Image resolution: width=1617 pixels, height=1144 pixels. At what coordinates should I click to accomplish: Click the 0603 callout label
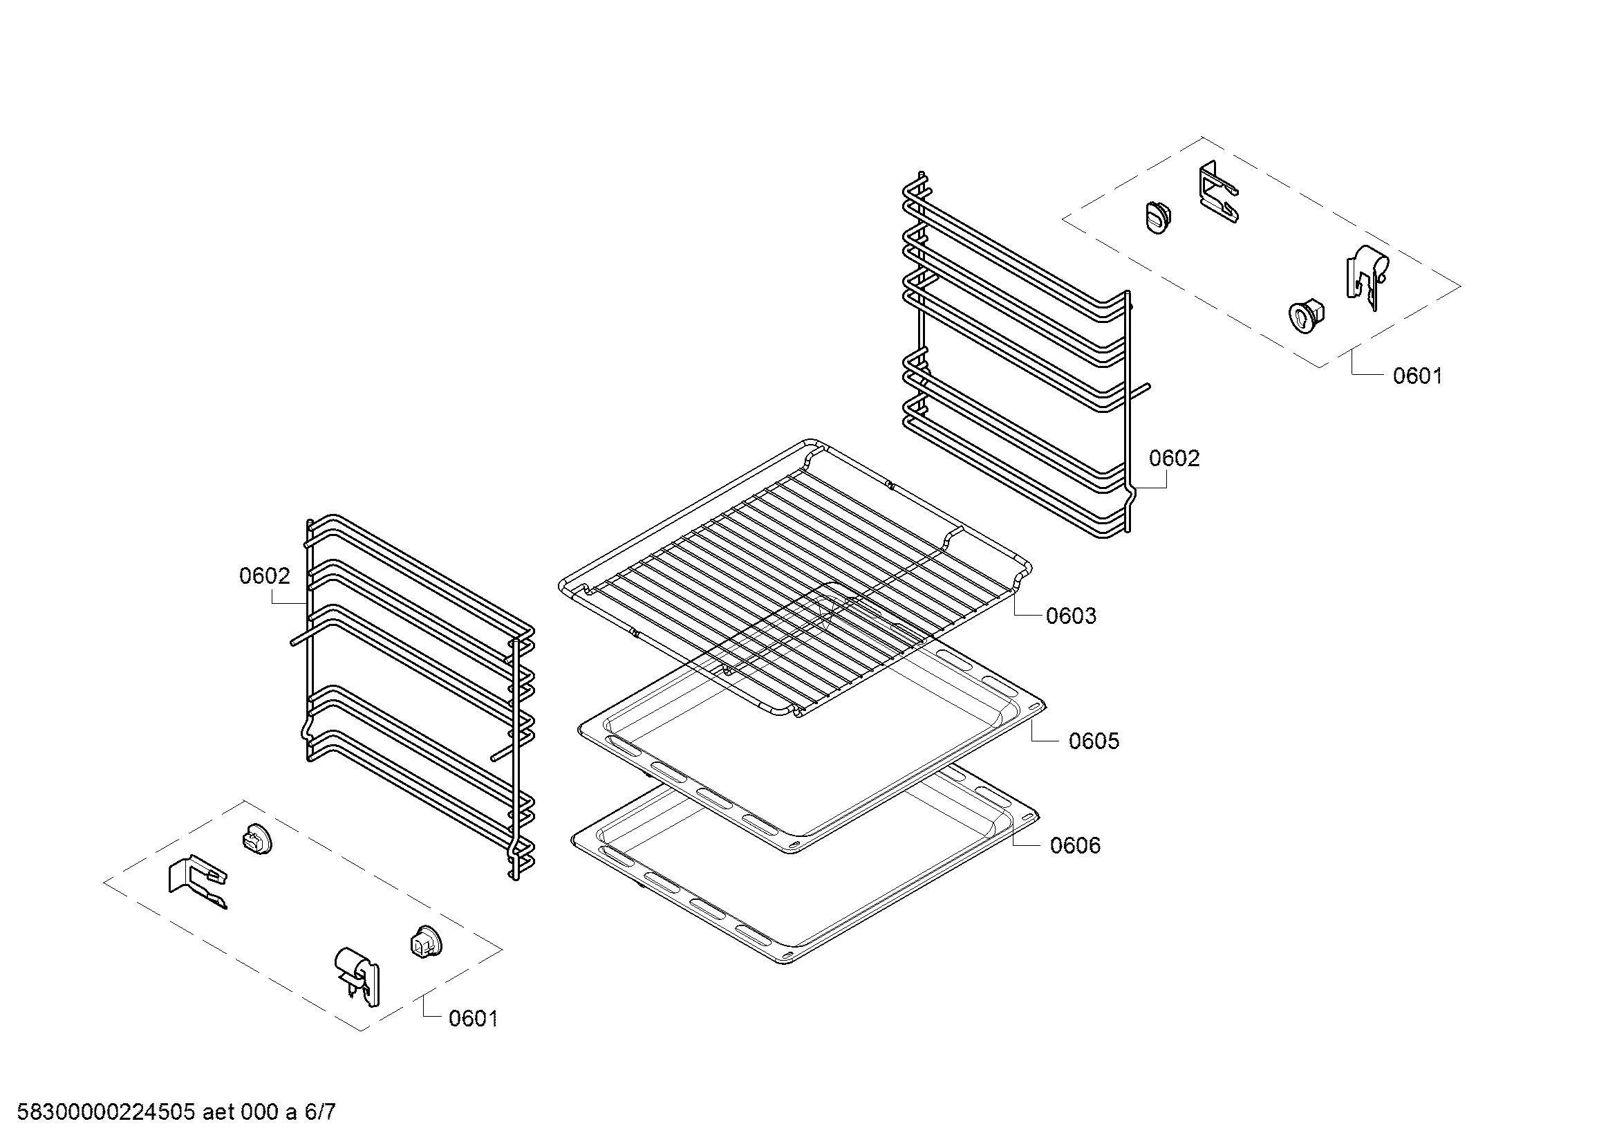(1070, 616)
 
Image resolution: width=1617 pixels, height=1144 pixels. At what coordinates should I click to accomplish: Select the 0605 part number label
(1094, 741)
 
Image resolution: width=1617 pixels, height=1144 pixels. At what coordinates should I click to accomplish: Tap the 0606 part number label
(1075, 845)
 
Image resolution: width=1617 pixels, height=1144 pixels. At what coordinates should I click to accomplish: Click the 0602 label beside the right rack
(1174, 459)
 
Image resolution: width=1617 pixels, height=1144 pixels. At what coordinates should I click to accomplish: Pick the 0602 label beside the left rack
(265, 576)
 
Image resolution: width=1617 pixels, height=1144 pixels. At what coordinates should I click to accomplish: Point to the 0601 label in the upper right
(1418, 376)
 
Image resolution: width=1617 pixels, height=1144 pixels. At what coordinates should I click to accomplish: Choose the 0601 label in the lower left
(474, 1019)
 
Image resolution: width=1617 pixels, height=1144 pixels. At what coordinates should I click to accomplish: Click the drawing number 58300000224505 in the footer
(106, 1112)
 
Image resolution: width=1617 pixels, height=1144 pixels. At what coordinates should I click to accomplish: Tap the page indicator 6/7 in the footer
(320, 1112)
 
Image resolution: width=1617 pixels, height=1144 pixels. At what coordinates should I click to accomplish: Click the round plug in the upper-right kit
(1158, 216)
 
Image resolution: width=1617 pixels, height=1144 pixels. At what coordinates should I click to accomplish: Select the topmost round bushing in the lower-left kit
(258, 838)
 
